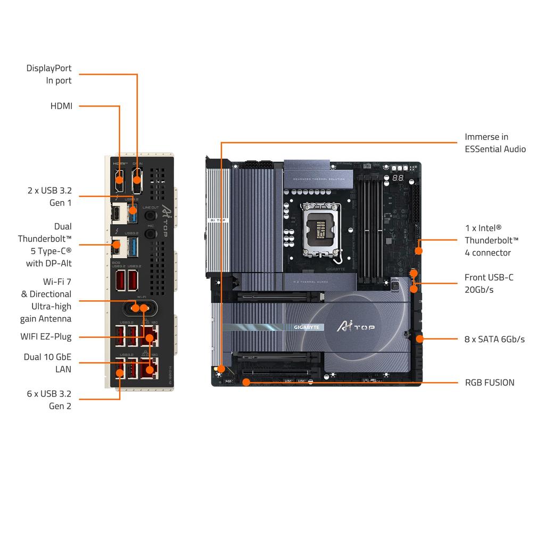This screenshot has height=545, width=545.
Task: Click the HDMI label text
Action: tap(61, 106)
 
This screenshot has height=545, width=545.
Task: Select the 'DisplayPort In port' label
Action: tap(49, 74)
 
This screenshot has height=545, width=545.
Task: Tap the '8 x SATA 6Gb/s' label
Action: tap(494, 339)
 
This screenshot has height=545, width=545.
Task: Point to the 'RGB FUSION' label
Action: tap(490, 382)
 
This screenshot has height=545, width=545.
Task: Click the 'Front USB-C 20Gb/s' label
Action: tap(489, 283)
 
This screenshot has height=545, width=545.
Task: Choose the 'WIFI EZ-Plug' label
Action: tap(46, 336)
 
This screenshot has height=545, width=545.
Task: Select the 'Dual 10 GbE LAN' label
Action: tap(47, 362)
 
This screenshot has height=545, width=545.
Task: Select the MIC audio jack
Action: tap(151, 234)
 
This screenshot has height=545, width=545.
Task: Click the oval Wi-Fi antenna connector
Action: tap(140, 308)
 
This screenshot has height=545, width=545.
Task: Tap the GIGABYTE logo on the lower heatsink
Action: tap(307, 327)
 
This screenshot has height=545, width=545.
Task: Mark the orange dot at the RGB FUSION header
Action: tap(246, 382)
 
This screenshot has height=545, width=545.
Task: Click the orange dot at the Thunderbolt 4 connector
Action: tap(419, 250)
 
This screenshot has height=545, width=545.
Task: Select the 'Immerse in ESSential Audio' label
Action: tap(495, 143)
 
